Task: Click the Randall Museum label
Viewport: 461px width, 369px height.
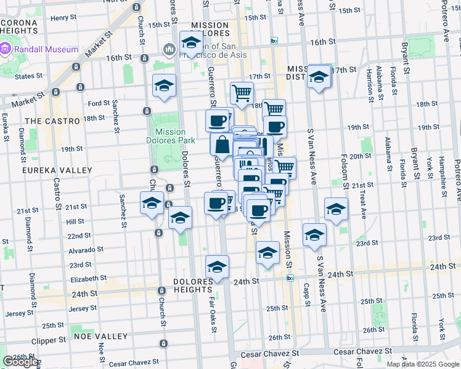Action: [46, 49]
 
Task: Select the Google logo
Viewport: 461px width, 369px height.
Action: [20, 362]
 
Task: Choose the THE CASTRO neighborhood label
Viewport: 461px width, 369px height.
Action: [53, 121]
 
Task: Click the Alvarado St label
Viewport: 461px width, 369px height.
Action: [86, 250]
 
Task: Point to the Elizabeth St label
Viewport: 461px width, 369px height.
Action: [89, 279]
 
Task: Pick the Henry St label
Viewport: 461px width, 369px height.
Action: [63, 18]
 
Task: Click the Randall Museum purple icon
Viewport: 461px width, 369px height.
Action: [6, 49]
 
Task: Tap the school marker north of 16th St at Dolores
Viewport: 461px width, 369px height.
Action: [191, 44]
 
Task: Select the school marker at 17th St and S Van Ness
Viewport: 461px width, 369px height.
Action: [319, 77]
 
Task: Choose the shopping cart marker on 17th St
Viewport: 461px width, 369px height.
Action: [242, 93]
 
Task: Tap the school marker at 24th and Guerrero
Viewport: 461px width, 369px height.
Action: [217, 268]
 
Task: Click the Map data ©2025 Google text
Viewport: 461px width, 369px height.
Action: [423, 364]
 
